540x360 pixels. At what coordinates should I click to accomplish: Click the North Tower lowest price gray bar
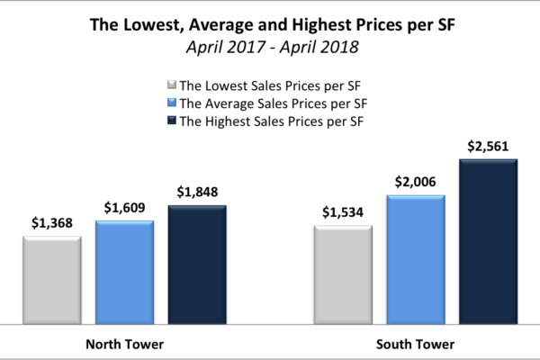click(52, 279)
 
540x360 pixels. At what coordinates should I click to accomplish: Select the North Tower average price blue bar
click(124, 271)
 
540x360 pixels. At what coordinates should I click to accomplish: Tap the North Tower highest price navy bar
click(197, 264)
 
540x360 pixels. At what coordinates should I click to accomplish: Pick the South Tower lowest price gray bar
click(343, 274)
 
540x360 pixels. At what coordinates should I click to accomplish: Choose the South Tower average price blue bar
click(416, 258)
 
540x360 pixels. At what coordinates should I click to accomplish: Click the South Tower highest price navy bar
click(489, 240)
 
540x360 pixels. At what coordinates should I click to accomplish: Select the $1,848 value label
click(197, 193)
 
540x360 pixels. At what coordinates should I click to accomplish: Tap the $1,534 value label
click(343, 213)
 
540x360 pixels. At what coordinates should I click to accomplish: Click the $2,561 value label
click(489, 146)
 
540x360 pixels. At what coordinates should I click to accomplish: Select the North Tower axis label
click(124, 344)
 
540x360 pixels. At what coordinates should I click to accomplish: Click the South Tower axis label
click(416, 344)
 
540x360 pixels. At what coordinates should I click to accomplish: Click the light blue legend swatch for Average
click(172, 103)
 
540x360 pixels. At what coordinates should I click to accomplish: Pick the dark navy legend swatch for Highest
click(172, 120)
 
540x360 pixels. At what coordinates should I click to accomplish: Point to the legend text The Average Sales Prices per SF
click(276, 103)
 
